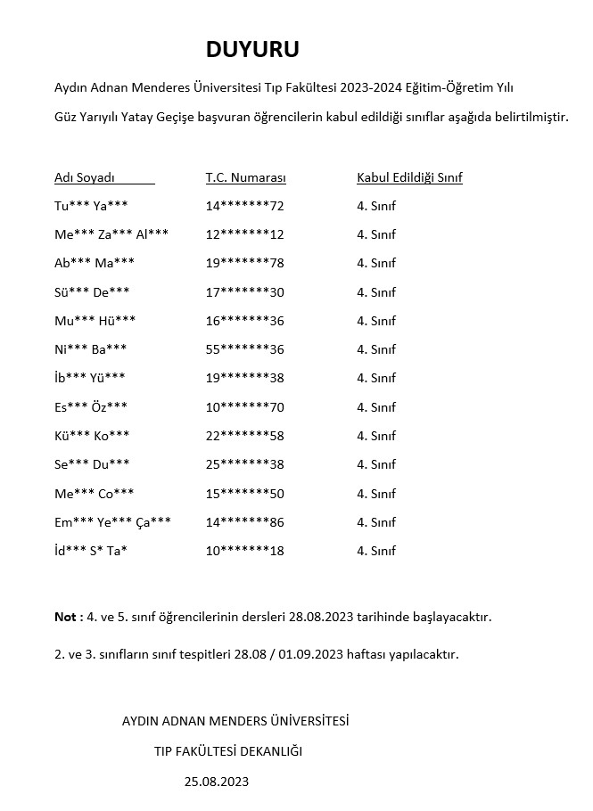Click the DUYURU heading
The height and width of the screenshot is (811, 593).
click(252, 49)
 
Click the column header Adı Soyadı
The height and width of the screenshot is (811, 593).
click(85, 177)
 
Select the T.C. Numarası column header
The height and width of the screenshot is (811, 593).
click(245, 177)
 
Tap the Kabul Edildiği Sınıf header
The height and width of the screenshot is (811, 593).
click(409, 177)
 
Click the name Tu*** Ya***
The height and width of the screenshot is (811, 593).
click(91, 207)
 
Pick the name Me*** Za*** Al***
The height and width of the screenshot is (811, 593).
click(111, 235)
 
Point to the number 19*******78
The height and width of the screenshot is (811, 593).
click(244, 264)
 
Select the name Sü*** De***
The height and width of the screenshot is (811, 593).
click(92, 292)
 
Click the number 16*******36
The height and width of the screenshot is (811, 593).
click(244, 321)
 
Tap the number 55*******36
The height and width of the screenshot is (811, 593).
click(244, 349)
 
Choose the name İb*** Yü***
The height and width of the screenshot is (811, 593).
click(90, 379)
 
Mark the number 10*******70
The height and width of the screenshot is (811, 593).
click(244, 407)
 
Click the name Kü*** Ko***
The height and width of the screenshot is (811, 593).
click(92, 436)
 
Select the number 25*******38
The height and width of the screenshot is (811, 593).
click(244, 464)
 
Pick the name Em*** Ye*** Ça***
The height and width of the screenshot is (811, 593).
click(112, 522)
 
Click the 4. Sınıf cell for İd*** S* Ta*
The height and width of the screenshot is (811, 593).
click(375, 551)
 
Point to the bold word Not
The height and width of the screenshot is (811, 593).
click(64, 617)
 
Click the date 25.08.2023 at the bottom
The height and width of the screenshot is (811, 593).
click(217, 782)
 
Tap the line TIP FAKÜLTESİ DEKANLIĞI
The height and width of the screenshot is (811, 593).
click(228, 751)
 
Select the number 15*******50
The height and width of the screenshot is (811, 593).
click(244, 494)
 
